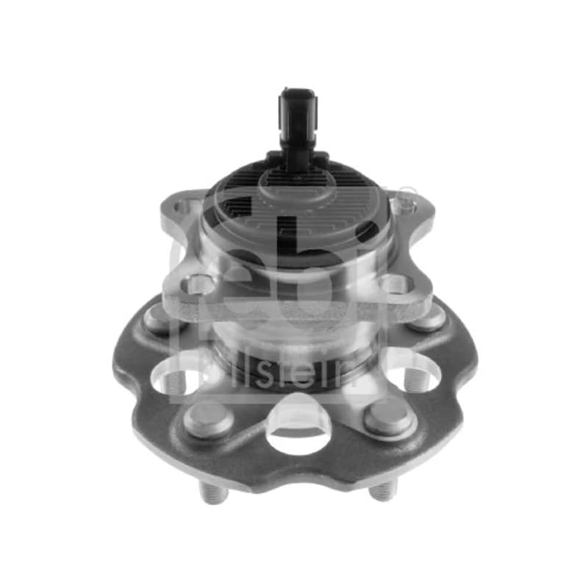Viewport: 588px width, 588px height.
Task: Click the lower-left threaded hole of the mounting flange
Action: tap(195, 284)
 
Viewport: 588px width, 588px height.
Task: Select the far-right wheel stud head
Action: tap(428, 318)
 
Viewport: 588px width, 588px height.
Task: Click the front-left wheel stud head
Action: tap(209, 419)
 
